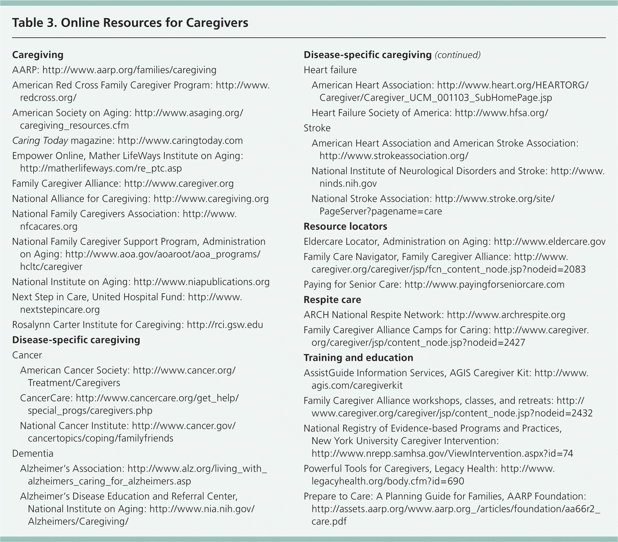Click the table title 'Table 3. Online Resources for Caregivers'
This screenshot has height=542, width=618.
coord(130,23)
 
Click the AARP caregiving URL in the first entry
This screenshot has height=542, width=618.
coord(129,70)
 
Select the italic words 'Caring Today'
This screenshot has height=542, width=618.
coord(40,141)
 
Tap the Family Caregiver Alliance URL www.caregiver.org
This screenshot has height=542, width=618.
coord(179,184)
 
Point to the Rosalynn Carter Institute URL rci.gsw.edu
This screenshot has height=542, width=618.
coord(225,325)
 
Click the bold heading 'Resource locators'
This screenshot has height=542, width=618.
coord(345,226)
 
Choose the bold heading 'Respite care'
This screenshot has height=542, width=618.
coord(332,300)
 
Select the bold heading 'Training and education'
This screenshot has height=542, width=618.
coord(358,358)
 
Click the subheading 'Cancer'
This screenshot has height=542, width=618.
coord(27,355)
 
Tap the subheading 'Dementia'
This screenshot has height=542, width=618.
coord(33,454)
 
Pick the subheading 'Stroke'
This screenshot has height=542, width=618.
coord(317,128)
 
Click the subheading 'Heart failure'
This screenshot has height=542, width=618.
coord(330,70)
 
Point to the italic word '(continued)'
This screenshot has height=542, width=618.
coord(457,55)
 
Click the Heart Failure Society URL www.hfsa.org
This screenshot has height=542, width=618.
coord(501,113)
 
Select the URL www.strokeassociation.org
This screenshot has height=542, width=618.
coord(394,156)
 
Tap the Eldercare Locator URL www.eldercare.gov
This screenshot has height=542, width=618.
coord(549,242)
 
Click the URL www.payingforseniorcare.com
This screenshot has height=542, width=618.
coord(484,284)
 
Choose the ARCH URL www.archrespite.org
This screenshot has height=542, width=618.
coord(506,315)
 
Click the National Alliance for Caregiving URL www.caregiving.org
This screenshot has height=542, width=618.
coord(211,199)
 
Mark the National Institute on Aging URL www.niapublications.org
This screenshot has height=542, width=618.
coord(201,282)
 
